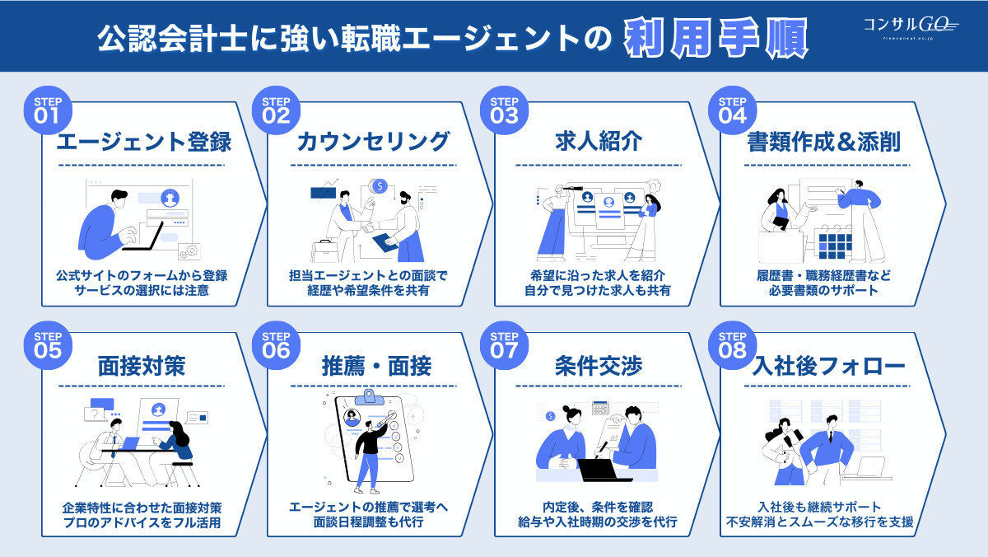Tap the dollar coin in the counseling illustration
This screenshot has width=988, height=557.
[x=380, y=186]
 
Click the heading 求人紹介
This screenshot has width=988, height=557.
[x=599, y=142]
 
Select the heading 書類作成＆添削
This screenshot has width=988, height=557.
[x=823, y=142]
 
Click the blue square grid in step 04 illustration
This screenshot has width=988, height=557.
[x=834, y=245]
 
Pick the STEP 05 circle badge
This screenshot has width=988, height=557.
[x=47, y=343]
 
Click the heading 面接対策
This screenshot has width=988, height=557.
[x=141, y=366]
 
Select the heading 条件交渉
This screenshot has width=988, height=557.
[x=599, y=366]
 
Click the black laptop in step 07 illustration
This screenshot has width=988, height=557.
[x=604, y=470]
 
